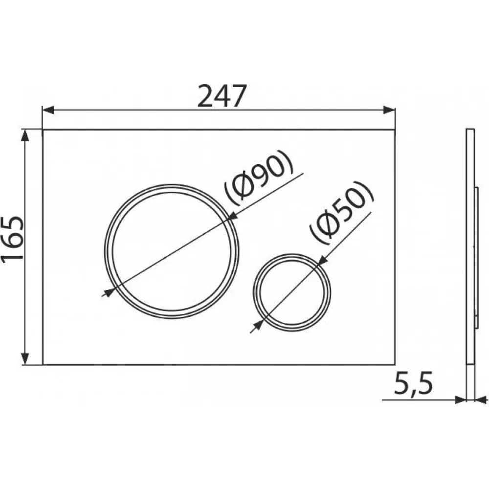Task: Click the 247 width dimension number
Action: point(220,96)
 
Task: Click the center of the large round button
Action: point(171,251)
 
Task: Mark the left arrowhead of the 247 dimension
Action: point(47,111)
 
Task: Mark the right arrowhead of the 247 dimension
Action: point(391,111)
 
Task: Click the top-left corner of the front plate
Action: point(43,130)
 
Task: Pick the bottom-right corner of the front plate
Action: point(395,364)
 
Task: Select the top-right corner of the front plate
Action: point(395,130)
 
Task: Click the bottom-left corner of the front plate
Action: point(43,364)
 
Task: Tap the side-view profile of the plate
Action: point(470,244)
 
